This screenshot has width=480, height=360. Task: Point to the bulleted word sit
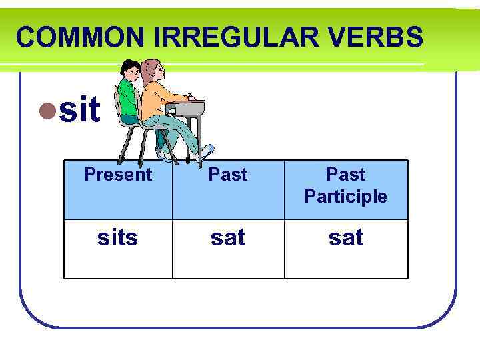(79, 110)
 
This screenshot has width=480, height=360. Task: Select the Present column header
(118, 175)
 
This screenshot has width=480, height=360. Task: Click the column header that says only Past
(228, 175)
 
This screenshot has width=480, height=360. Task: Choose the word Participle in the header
(345, 197)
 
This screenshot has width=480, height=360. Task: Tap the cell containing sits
(118, 237)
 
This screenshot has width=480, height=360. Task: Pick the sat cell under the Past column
(228, 237)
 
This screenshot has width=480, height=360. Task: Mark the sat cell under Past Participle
(345, 237)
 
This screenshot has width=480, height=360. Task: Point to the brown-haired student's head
(153, 69)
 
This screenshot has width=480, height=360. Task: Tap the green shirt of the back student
(127, 97)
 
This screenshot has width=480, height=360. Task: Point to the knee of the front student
(177, 120)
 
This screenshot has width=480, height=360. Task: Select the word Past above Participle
(345, 175)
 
